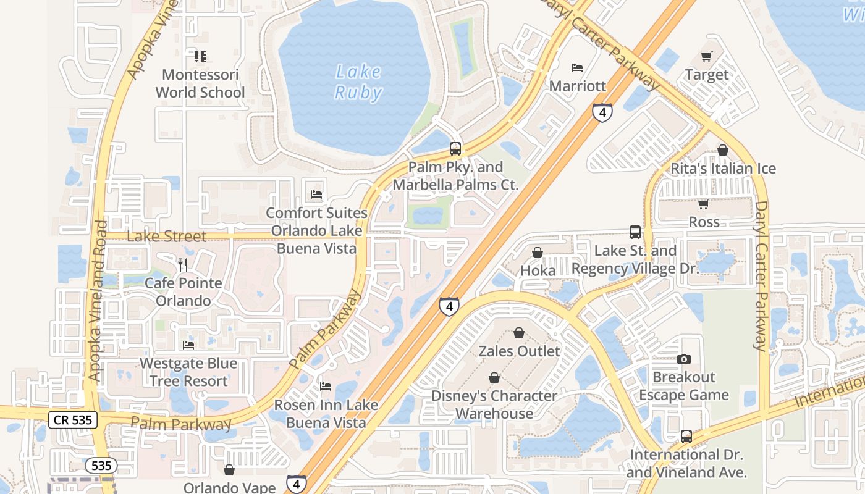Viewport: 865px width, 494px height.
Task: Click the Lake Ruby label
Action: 358,82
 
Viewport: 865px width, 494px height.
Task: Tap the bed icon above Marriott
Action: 577,67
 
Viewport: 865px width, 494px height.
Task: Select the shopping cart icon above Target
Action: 707,57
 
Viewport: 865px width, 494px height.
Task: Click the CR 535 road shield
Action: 72,421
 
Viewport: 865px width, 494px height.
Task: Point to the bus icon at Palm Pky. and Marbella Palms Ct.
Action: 455,149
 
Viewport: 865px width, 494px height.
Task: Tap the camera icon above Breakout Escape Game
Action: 683,359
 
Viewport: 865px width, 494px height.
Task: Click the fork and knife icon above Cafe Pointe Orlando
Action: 183,265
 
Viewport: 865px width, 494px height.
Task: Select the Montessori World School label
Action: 200,84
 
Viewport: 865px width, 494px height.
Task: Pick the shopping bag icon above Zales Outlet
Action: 519,333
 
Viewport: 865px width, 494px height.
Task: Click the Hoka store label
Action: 538,270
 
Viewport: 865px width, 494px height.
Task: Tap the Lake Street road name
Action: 166,237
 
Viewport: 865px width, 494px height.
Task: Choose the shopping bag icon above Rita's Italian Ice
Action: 723,150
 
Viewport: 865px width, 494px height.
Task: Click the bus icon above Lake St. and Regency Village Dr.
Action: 635,232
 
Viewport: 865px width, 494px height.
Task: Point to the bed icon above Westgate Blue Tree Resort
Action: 188,345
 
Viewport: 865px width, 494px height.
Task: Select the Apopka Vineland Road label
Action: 98,301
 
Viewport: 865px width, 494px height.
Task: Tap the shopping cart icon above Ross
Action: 703,204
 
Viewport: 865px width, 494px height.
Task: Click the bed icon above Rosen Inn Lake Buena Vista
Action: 326,387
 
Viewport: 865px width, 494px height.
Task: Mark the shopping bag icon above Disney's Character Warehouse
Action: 494,377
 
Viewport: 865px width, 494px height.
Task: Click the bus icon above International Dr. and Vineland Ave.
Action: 686,437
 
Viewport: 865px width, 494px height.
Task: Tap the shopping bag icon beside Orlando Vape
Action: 229,470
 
